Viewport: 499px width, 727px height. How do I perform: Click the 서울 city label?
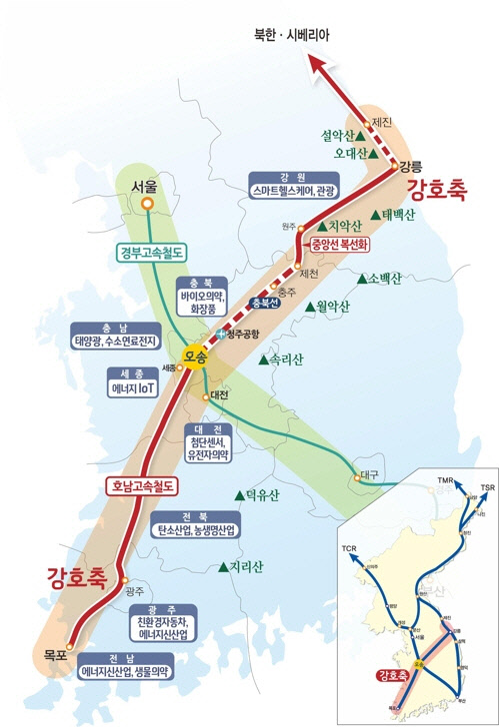pos(144,186)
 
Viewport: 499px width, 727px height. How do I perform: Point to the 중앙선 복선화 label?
pos(341,242)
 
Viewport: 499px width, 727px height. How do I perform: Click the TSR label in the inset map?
pos(487,487)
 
